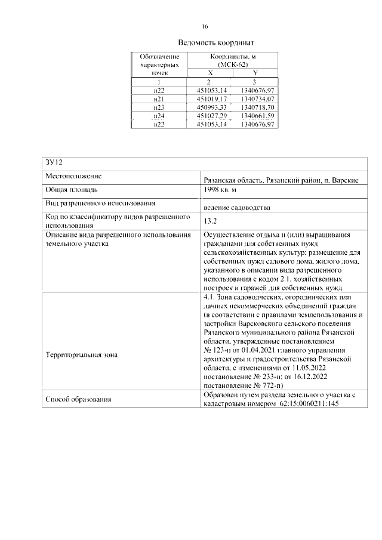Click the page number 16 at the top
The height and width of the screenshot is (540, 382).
tap(204, 27)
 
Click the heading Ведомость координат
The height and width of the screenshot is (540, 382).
tap(216, 43)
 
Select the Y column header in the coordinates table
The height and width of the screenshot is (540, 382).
tap(255, 72)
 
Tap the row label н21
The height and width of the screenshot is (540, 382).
tap(159, 98)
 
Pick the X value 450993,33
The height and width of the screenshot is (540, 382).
tap(212, 107)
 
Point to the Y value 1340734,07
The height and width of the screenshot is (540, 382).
tap(256, 98)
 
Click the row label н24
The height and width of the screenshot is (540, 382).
tap(159, 115)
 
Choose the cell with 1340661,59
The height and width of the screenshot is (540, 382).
tap(256, 115)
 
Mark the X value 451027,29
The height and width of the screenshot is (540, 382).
tap(212, 115)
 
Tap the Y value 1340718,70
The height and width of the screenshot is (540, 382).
tap(256, 107)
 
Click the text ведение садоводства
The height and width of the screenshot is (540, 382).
tap(236, 208)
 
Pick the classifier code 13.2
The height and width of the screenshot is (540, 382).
tap(210, 221)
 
